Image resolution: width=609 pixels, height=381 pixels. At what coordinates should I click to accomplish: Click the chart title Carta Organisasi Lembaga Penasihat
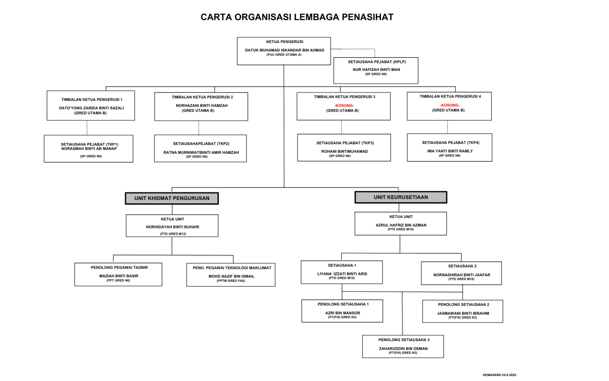tap(297, 17)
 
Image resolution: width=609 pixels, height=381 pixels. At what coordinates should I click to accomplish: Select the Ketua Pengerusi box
tap(284, 51)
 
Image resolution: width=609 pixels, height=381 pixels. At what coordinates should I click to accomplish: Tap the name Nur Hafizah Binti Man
tap(376, 69)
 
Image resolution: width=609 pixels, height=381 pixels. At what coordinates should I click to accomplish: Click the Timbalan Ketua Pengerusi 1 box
tap(91, 106)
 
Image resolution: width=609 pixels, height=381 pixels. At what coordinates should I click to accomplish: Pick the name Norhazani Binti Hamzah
tap(202, 106)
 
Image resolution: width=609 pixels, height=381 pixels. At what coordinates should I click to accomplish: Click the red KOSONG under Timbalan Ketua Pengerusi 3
tap(344, 106)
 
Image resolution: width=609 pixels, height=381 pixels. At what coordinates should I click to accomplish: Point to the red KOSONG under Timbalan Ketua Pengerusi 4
tap(450, 105)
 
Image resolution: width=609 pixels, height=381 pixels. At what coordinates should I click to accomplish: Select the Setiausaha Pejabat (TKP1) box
tap(89, 149)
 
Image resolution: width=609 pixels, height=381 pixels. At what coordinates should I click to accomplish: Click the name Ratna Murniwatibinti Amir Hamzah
tap(201, 152)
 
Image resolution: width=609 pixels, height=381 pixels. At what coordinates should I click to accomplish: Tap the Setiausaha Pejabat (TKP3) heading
tap(345, 143)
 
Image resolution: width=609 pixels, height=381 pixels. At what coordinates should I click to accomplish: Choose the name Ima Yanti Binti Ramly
tap(450, 151)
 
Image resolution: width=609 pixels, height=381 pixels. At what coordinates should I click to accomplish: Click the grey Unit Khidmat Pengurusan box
tap(172, 199)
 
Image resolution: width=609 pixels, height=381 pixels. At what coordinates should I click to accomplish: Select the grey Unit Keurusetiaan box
tap(401, 197)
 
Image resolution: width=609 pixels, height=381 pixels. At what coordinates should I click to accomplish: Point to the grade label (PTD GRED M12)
tap(173, 234)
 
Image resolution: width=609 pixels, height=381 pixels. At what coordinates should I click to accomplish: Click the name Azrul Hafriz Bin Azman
tap(401, 225)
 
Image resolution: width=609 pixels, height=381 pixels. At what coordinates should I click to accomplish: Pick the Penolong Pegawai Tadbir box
tap(118, 274)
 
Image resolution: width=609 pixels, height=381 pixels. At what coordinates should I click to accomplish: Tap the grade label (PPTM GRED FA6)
tap(231, 281)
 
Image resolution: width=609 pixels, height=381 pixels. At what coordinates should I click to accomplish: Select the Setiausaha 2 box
tap(461, 273)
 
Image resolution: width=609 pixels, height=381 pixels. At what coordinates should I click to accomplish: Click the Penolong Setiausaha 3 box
tap(403, 346)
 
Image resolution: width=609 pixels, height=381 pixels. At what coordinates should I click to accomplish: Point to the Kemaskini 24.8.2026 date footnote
tap(499, 375)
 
